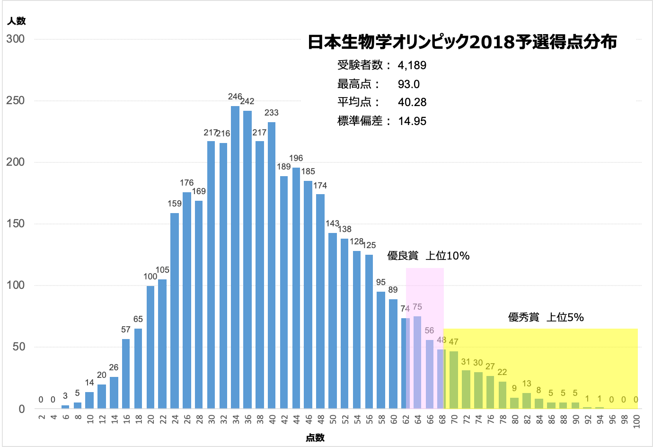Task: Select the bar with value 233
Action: (x=272, y=265)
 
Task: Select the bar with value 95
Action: (x=381, y=350)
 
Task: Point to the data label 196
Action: (x=296, y=158)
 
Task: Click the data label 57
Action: (x=126, y=330)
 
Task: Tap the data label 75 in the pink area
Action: (x=417, y=307)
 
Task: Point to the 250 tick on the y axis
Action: (x=16, y=101)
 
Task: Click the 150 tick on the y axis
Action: (x=16, y=224)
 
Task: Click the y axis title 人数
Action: (x=17, y=21)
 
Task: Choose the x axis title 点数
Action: (x=315, y=438)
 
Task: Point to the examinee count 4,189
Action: (x=412, y=65)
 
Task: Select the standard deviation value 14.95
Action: (x=412, y=121)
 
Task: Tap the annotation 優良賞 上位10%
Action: (x=428, y=256)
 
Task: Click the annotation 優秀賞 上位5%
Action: (x=546, y=317)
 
